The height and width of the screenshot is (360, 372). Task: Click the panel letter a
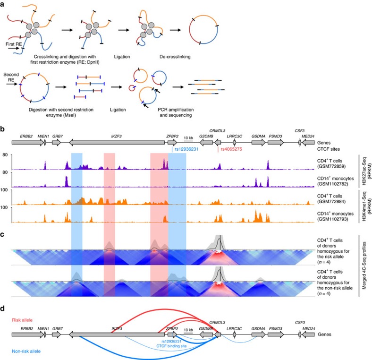(4, 3)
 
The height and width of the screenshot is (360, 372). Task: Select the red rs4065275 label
(232, 150)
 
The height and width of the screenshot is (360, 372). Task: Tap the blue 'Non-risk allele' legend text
(28, 351)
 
